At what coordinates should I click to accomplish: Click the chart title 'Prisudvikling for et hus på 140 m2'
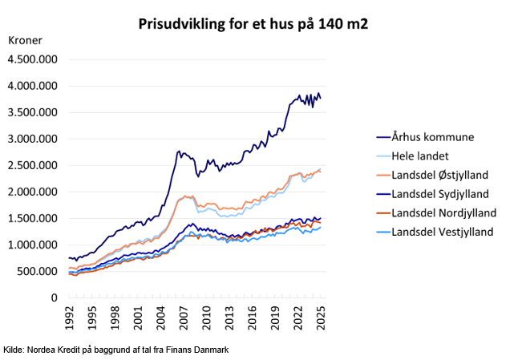253,23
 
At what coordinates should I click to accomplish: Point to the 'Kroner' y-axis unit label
25,39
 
